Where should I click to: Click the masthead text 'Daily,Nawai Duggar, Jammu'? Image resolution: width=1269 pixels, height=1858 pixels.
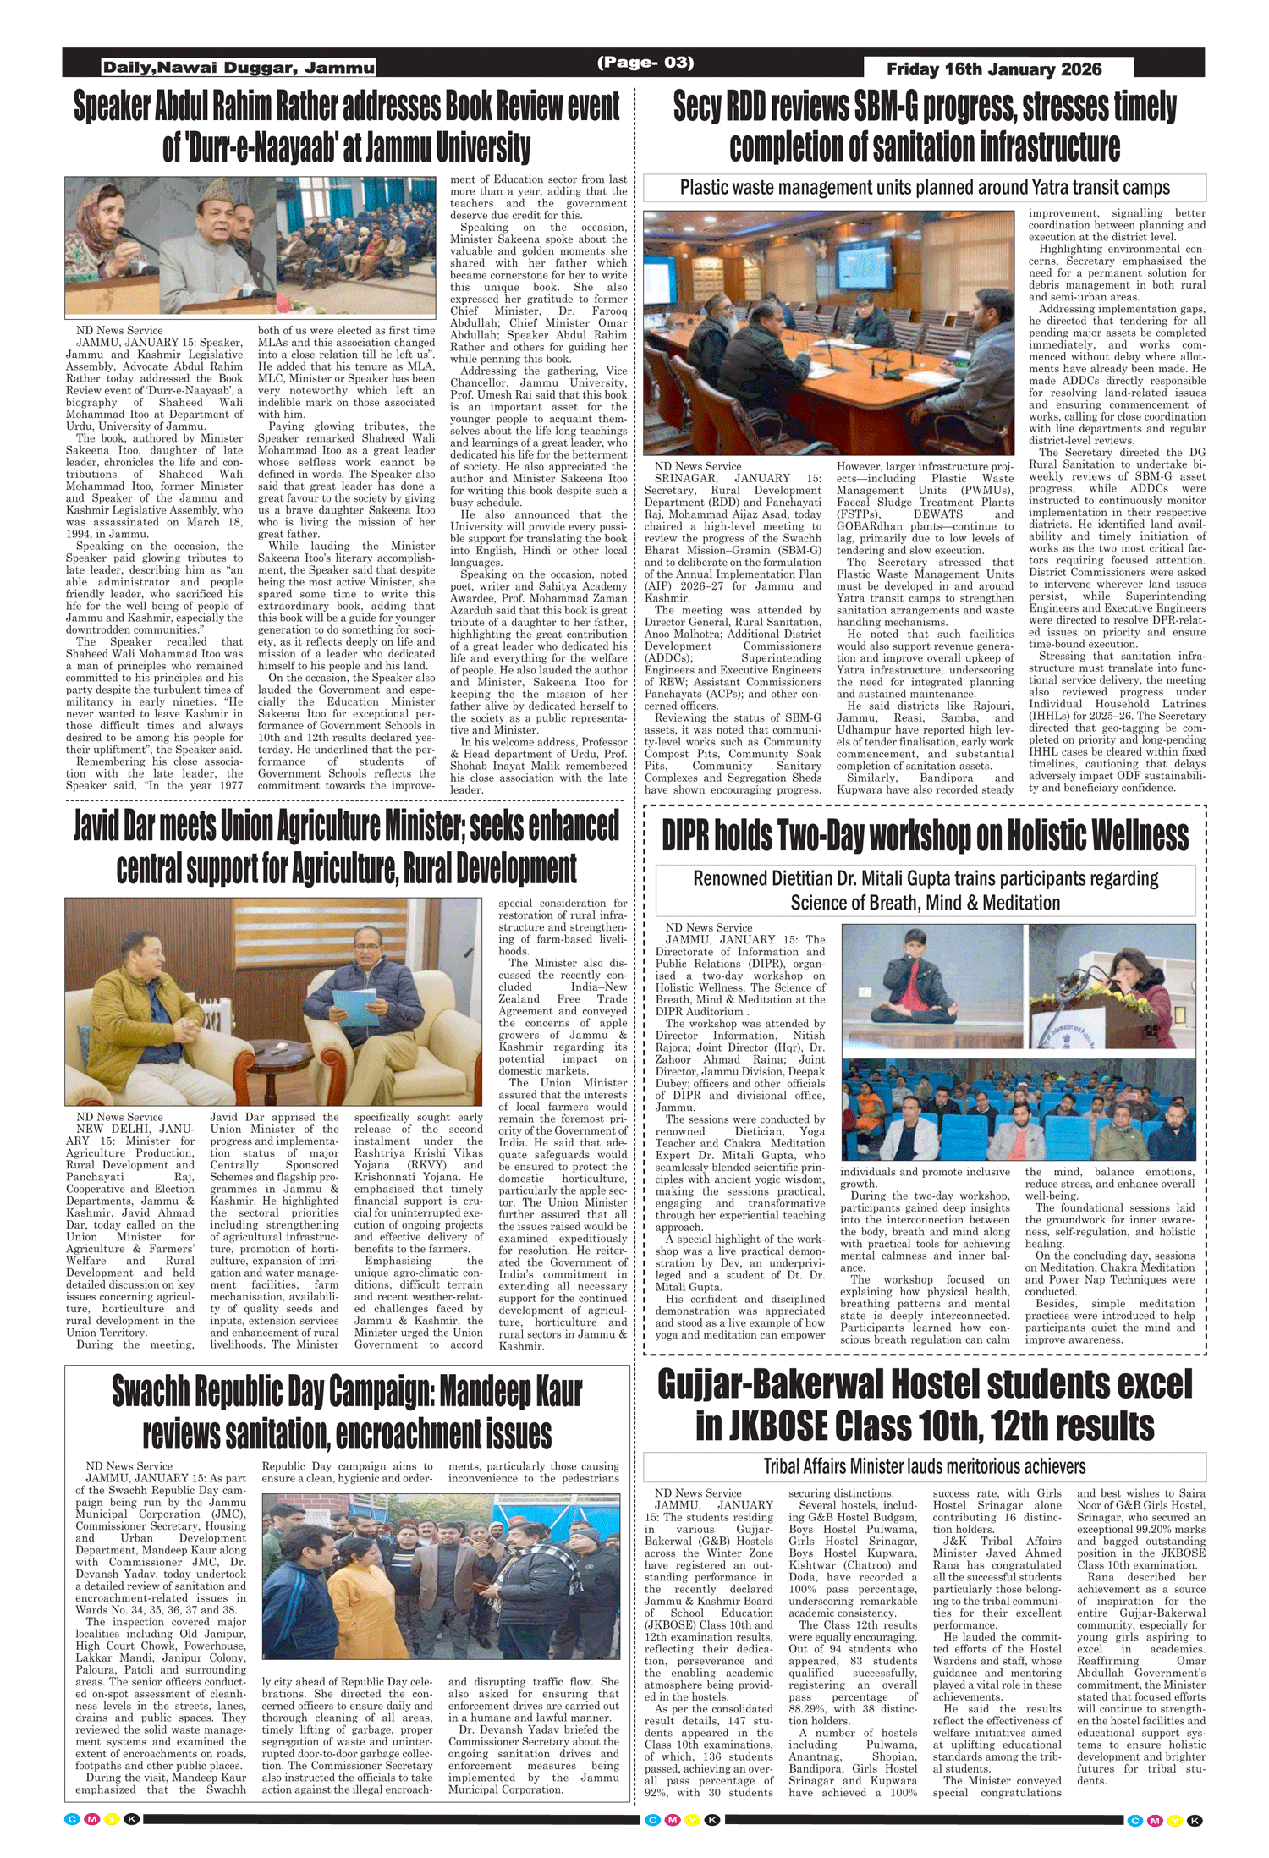click(239, 68)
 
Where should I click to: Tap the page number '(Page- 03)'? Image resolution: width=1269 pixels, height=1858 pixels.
click(645, 63)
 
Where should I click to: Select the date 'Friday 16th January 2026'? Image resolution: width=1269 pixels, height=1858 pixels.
click(994, 69)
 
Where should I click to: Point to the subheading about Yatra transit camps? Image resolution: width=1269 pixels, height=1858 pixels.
click(925, 188)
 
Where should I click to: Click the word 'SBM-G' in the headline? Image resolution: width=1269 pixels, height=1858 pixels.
click(886, 107)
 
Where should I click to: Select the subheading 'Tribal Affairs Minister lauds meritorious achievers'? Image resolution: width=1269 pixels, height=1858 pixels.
click(925, 1466)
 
